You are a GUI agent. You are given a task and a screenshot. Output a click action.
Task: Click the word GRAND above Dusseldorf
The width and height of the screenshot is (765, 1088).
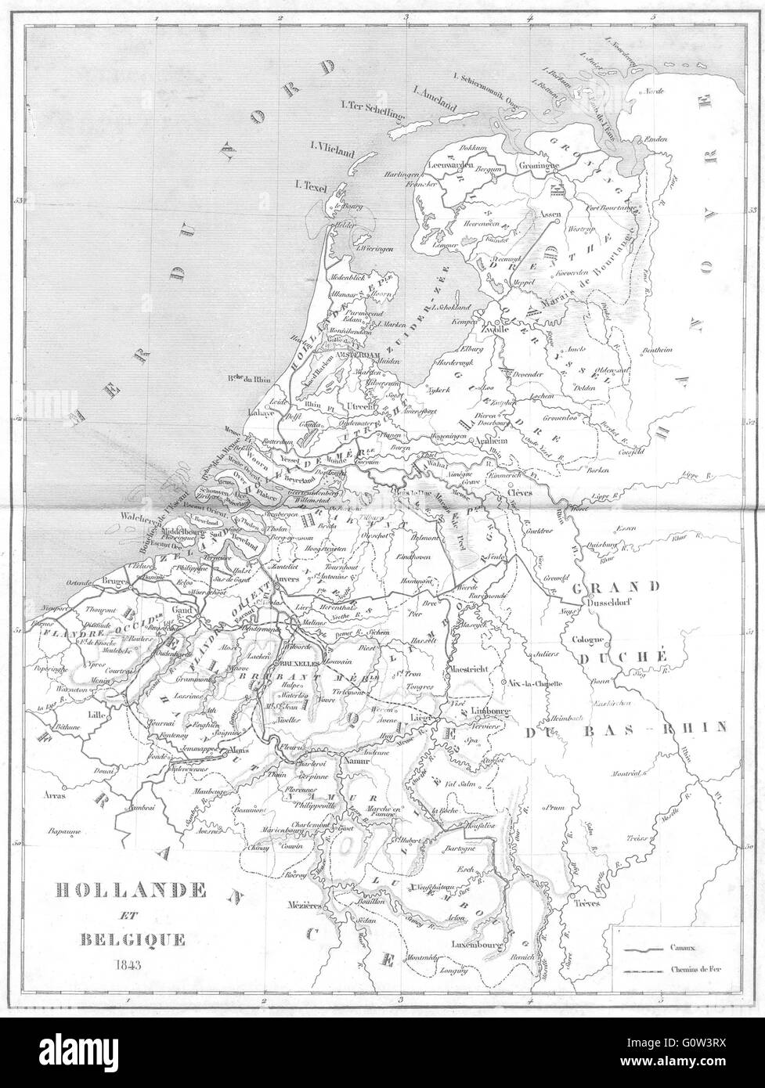[x=614, y=585]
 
